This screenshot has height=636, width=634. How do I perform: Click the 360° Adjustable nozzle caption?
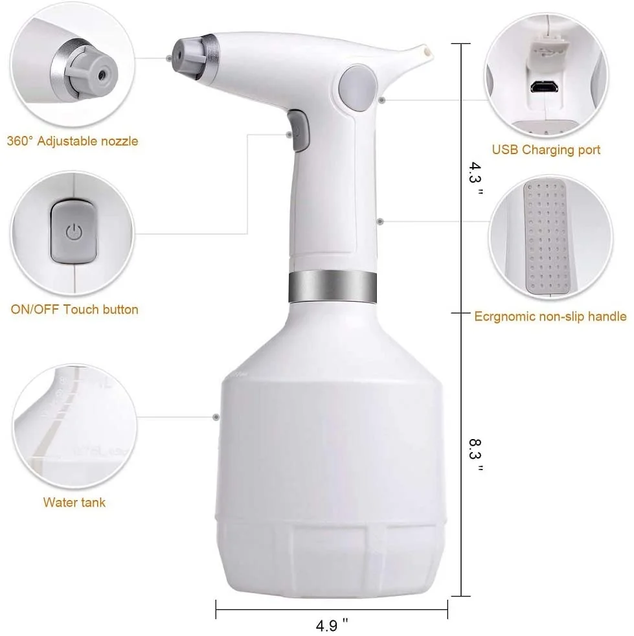73,141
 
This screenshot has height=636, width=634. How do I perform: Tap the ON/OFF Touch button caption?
74,310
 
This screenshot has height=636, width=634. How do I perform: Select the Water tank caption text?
74,502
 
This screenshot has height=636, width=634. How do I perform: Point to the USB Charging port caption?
546,150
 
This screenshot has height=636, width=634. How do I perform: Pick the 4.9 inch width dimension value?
332,626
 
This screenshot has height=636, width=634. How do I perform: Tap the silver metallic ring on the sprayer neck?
332,286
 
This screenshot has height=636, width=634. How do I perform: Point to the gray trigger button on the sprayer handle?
299,131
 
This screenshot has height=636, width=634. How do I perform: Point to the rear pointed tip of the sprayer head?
425,49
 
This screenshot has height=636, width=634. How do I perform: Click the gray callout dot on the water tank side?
216,416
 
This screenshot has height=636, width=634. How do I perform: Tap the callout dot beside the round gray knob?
383,100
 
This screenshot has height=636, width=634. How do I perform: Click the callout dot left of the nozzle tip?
169,58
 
